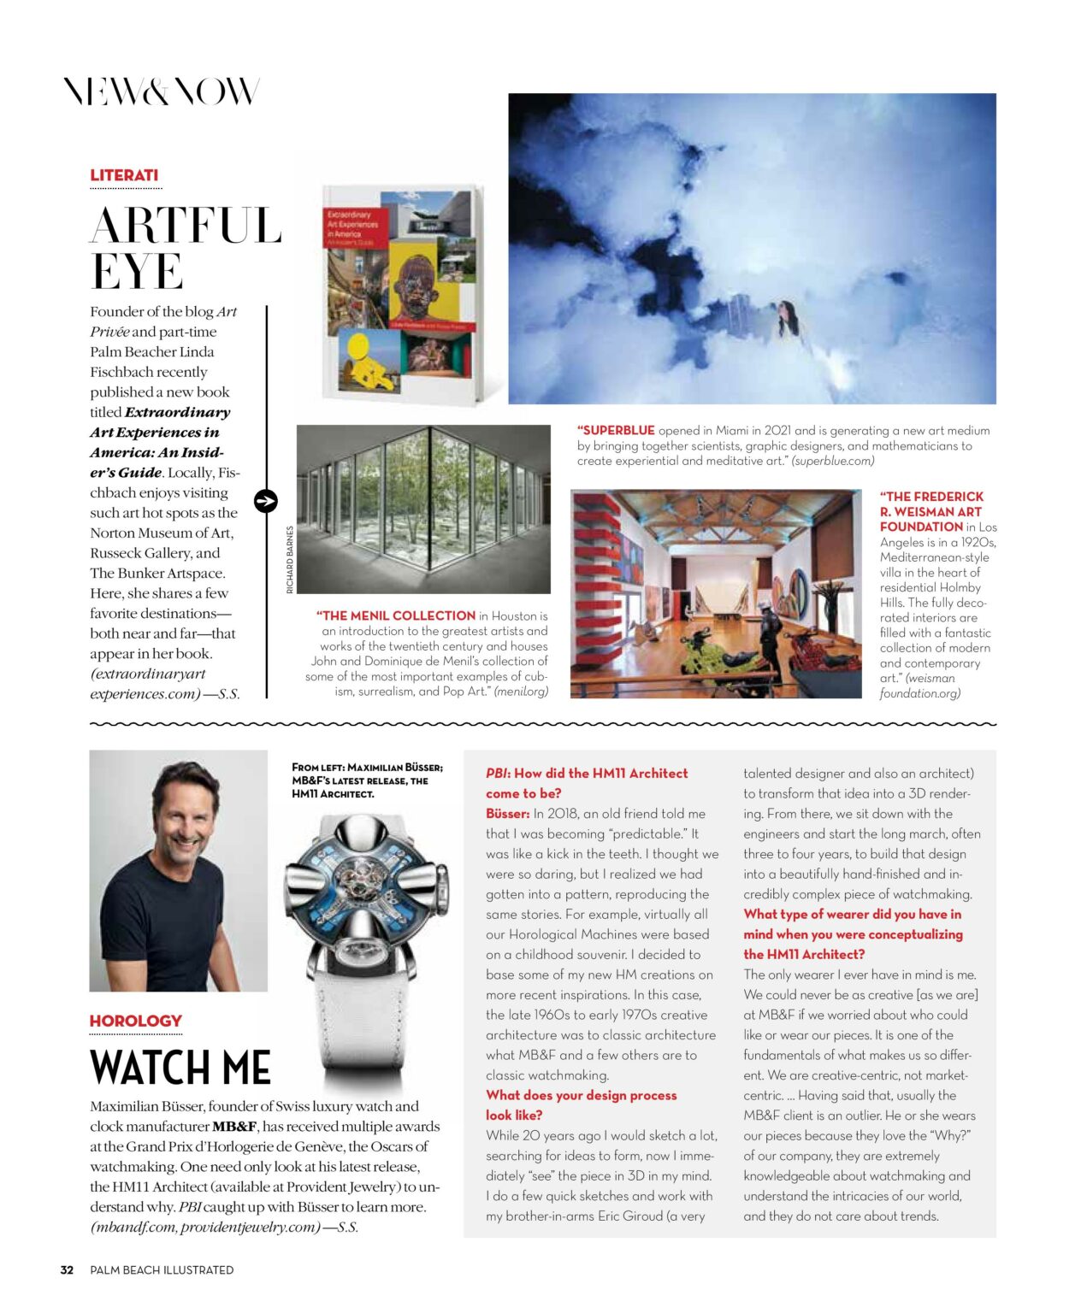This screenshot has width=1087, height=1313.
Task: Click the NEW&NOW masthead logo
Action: click(161, 91)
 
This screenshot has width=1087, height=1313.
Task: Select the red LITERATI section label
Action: click(124, 175)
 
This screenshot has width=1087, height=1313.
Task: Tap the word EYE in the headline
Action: click(137, 272)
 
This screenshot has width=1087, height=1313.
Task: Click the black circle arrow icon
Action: click(266, 501)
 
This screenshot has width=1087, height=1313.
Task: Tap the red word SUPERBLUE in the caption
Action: click(617, 431)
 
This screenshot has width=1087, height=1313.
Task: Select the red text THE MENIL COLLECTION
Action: click(398, 615)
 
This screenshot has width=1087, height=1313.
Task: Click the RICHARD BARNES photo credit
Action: click(290, 560)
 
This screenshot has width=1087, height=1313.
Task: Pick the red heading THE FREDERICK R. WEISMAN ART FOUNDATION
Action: click(930, 511)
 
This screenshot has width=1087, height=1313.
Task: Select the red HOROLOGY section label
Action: click(135, 1021)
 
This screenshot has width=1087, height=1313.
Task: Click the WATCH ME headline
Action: click(180, 1068)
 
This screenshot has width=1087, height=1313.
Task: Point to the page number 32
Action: click(67, 1270)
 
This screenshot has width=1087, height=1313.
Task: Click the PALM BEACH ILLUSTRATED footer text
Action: click(162, 1270)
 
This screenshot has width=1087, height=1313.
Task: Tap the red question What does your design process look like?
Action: click(581, 1105)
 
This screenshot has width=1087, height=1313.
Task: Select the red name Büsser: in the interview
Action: click(507, 814)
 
